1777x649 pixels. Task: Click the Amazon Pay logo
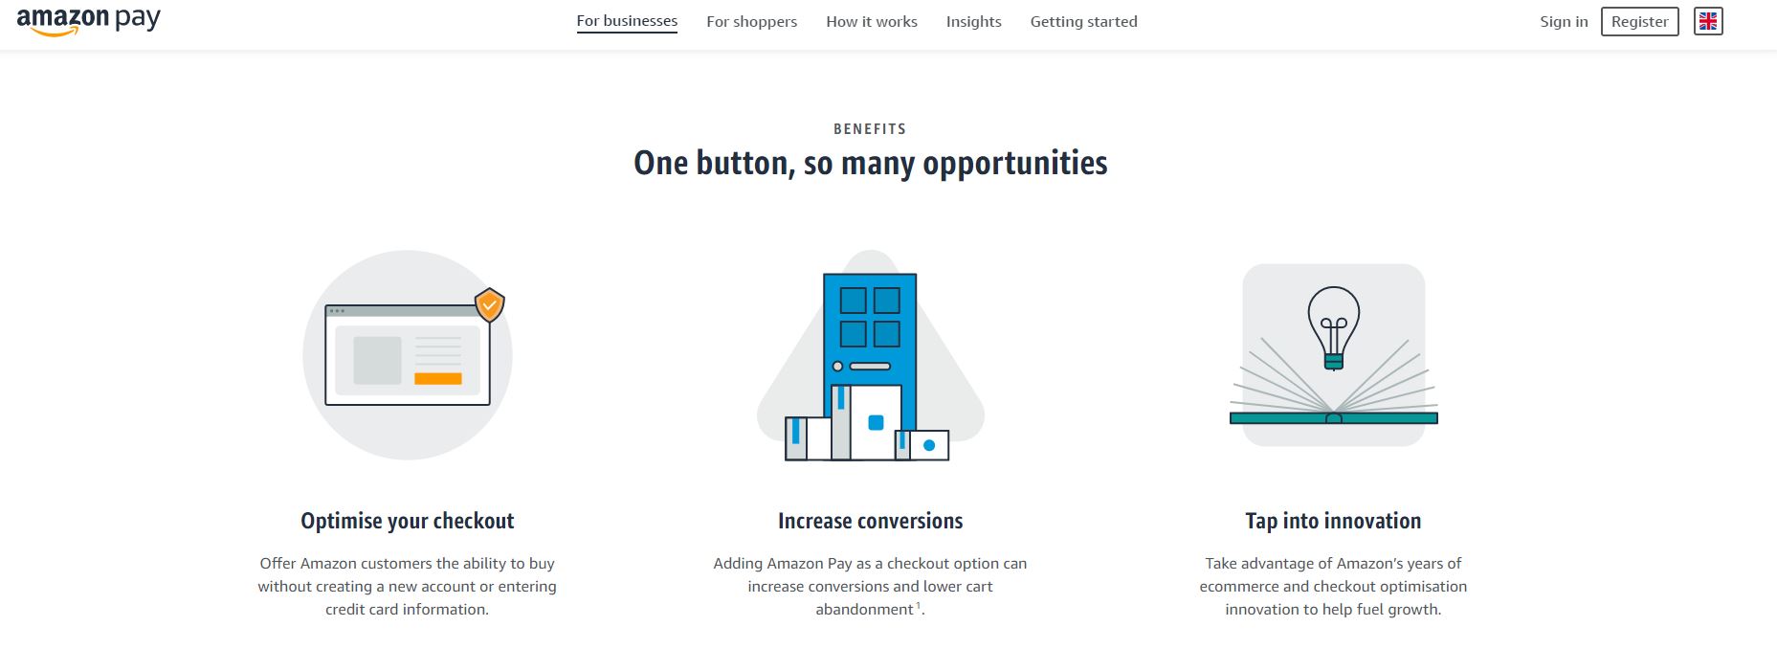(x=88, y=21)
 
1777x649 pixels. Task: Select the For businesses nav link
(x=627, y=21)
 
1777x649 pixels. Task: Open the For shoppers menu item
(x=751, y=21)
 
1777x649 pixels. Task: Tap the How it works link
(x=872, y=21)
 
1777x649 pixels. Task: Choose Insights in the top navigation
(x=973, y=21)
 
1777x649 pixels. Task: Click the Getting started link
(x=1083, y=21)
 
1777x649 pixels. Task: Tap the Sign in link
(x=1564, y=21)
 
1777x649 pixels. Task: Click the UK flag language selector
(x=1708, y=21)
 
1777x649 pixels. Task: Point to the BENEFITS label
(x=870, y=129)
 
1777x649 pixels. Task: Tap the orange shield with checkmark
(x=490, y=304)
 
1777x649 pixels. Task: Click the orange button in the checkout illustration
(x=438, y=379)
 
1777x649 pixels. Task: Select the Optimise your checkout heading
(x=408, y=521)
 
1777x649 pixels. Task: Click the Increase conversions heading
(x=871, y=521)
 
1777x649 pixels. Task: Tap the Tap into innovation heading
(x=1333, y=521)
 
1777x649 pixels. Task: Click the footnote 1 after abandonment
(x=919, y=606)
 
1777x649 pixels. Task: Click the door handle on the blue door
(x=870, y=366)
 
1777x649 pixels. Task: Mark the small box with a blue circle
(x=928, y=445)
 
